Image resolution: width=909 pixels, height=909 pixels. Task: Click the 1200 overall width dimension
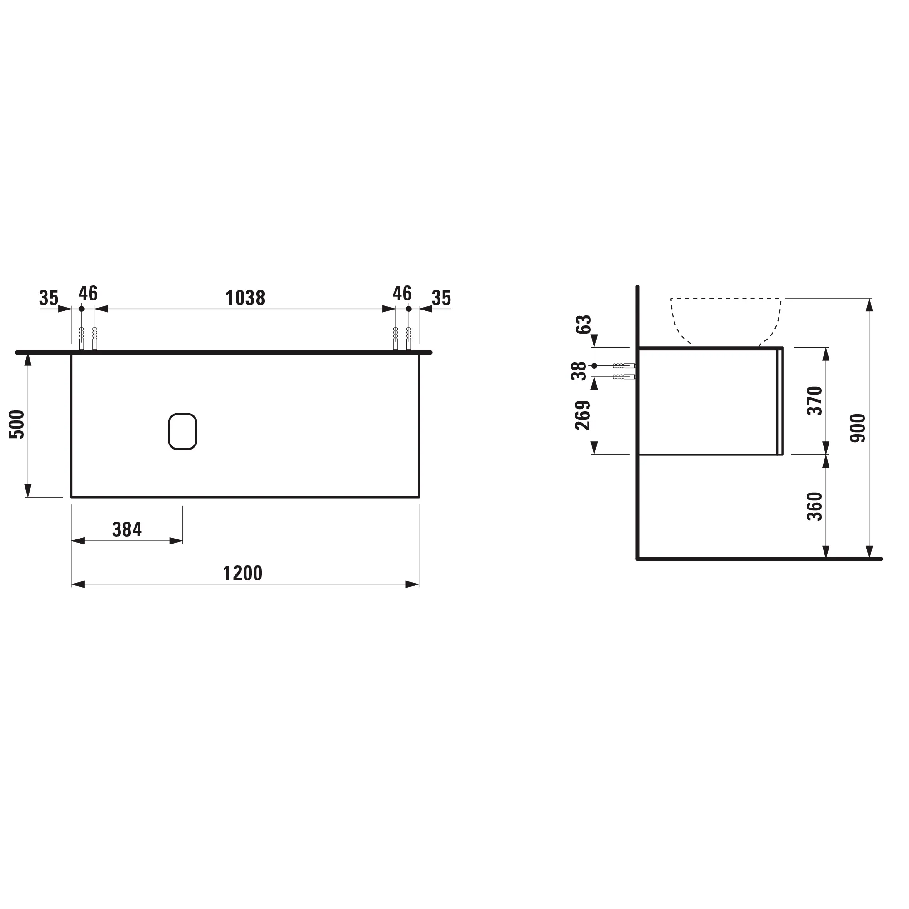[242, 573]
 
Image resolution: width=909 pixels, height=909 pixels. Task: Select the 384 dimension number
[127, 530]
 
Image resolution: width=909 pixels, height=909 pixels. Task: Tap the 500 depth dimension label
[17, 425]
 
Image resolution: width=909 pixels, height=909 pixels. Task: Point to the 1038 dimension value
[245, 298]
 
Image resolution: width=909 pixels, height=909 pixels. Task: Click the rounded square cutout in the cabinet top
[183, 431]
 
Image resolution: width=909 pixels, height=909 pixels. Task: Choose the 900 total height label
[858, 428]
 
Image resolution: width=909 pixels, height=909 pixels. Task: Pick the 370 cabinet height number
[814, 400]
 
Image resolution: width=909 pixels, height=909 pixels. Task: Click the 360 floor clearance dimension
[814, 506]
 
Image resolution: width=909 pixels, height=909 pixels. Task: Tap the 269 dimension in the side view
[583, 415]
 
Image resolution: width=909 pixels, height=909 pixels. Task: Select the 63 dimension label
[584, 325]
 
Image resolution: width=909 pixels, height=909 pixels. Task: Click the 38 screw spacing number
[579, 371]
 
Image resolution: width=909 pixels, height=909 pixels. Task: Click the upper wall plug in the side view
[624, 365]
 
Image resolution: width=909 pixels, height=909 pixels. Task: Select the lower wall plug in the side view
[624, 377]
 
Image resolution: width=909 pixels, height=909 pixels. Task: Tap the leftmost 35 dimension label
[49, 298]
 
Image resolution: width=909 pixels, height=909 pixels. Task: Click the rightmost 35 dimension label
[441, 298]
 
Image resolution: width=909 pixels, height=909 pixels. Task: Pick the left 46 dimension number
[88, 293]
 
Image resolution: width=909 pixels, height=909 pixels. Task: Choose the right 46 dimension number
[402, 293]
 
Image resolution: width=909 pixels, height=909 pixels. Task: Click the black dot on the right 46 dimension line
[409, 309]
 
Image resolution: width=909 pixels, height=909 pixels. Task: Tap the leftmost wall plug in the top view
[81, 338]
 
